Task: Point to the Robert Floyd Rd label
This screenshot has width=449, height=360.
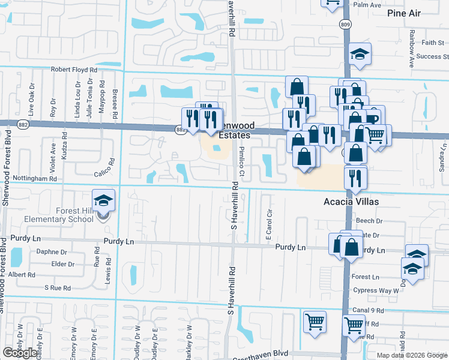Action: click(74, 70)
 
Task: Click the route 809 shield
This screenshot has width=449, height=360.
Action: click(345, 25)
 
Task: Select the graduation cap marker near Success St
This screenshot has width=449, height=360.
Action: click(360, 54)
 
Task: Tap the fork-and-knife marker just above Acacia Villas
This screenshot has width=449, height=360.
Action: click(355, 178)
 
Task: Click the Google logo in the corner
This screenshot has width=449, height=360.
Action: click(20, 353)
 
